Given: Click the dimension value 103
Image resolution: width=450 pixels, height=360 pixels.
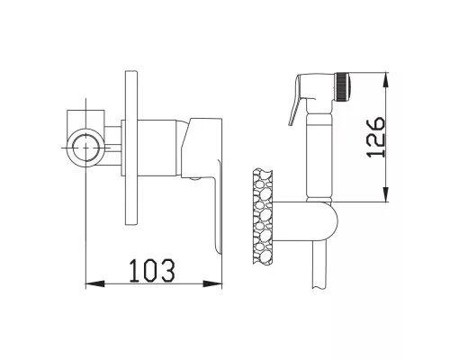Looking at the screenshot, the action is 152,271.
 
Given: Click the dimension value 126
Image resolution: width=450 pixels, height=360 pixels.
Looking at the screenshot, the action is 375,137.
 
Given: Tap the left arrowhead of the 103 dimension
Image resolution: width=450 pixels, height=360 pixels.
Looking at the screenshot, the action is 95,283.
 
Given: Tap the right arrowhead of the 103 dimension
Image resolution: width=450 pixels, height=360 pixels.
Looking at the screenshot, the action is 212,283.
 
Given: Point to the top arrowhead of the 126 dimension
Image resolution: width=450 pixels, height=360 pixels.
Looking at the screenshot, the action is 385,81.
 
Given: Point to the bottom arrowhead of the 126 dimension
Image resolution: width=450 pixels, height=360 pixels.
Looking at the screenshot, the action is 385,193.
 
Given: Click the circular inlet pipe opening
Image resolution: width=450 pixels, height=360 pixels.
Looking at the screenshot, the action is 86,148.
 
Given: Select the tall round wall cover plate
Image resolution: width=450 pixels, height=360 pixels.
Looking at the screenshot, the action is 131,148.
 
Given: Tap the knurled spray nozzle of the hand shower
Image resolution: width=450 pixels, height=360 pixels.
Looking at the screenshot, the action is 343,86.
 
